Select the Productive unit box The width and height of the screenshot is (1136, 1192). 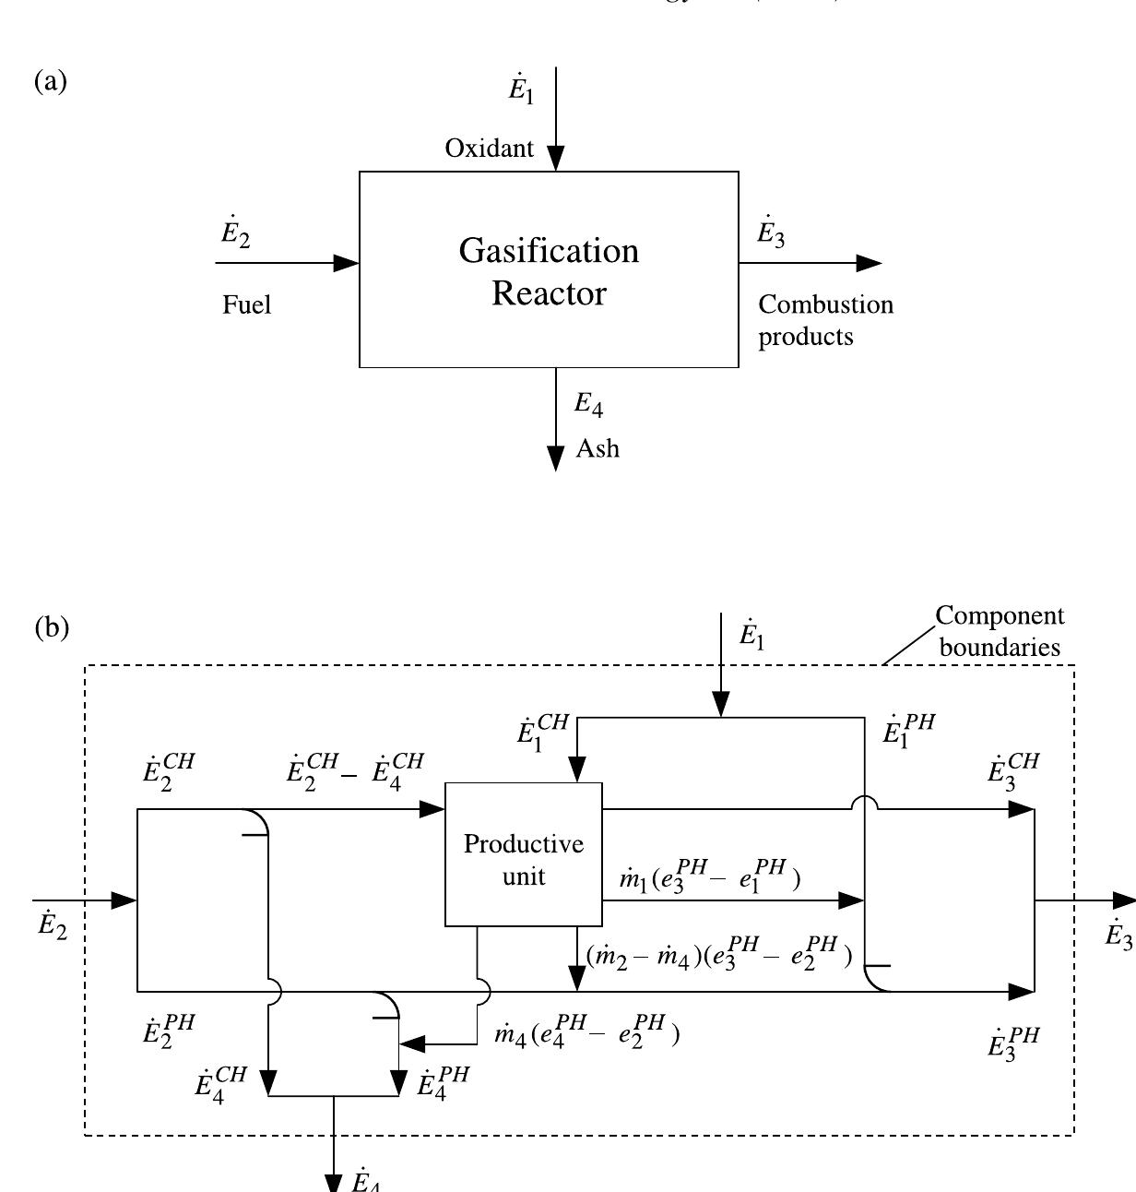pos(523,858)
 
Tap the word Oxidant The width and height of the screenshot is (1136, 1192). pos(489,149)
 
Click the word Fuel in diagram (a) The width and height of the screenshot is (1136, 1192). pos(246,305)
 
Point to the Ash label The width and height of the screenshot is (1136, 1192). pos(598,449)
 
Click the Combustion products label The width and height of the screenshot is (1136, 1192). pos(825,320)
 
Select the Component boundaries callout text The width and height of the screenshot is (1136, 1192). pos(1000,631)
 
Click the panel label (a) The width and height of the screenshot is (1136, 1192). pos(51,81)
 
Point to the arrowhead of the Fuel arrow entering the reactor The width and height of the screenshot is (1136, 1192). pos(347,263)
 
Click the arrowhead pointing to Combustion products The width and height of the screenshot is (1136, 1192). pos(869,263)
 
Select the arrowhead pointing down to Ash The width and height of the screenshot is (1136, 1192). pos(556,458)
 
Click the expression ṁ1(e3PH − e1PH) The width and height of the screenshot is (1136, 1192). pos(710,878)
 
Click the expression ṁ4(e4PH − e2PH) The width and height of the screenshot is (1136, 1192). pos(587,1033)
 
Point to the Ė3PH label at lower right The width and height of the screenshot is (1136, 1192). pos(1013,1043)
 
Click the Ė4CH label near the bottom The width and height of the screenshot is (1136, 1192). pos(221,1083)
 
